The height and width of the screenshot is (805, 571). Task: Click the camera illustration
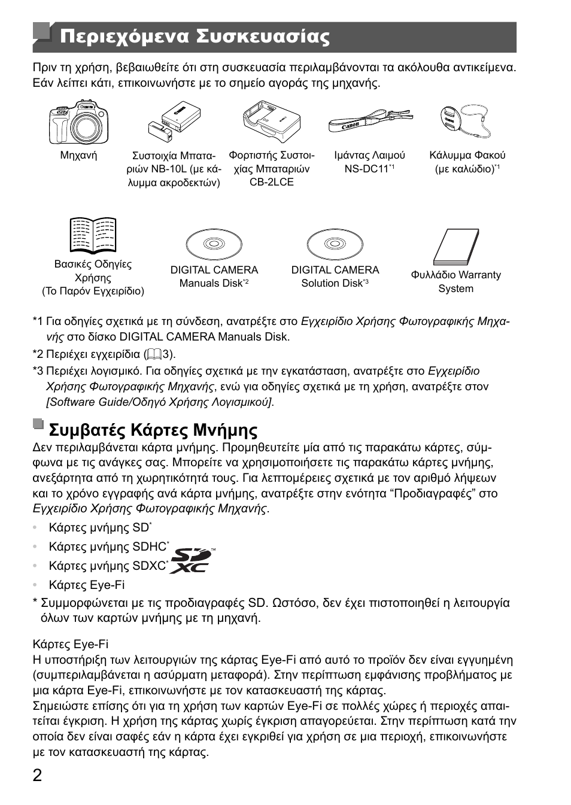pos(78,122)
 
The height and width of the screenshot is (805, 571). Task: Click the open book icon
pos(93,235)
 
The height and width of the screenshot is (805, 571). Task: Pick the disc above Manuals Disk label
pos(214,244)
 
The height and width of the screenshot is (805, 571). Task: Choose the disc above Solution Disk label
pos(335,244)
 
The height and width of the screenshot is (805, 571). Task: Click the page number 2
pos(38,776)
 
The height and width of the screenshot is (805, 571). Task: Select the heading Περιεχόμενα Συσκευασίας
pos(195,37)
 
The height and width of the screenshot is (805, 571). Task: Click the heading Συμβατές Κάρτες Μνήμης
pos(153,430)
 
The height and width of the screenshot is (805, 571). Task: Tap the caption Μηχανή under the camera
pos(78,156)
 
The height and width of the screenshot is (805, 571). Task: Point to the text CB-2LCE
pos(272,182)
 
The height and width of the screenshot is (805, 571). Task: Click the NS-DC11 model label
pos(367,169)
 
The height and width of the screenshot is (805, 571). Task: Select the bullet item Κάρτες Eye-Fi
pos(87,585)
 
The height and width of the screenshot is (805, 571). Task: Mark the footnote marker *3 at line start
pos(38,371)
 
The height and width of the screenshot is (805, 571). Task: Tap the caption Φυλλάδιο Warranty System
pos(455,281)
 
